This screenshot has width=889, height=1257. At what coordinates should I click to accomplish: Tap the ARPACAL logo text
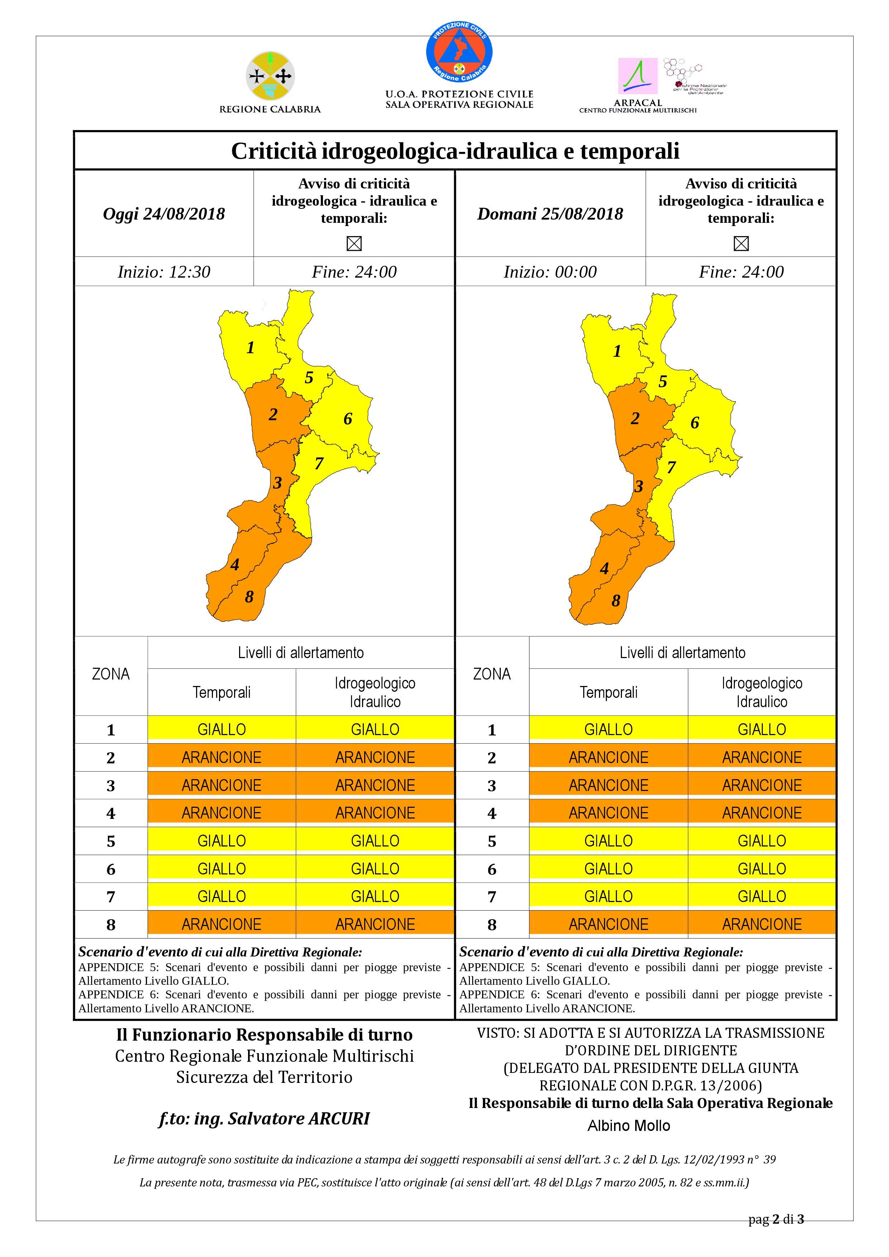click(638, 102)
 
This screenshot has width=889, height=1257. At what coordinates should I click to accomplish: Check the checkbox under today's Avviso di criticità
click(354, 243)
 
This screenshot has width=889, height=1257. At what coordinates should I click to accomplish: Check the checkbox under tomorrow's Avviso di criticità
click(741, 243)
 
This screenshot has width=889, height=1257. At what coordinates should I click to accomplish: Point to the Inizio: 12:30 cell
click(164, 272)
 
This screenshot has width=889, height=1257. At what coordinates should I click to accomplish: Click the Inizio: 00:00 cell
click(550, 272)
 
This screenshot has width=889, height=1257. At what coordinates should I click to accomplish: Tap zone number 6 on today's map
click(347, 419)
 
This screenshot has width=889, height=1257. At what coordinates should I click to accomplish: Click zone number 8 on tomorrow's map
click(616, 601)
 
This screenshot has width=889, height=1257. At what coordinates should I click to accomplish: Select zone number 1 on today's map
click(250, 347)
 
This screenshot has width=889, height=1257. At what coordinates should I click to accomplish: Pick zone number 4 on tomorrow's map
click(604, 568)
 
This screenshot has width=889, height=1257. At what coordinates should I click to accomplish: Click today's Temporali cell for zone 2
click(221, 757)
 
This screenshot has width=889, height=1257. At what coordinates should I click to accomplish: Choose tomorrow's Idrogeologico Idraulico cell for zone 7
click(761, 896)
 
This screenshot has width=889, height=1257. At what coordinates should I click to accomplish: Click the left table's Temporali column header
click(221, 692)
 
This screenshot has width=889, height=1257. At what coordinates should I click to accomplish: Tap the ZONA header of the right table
click(491, 674)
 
